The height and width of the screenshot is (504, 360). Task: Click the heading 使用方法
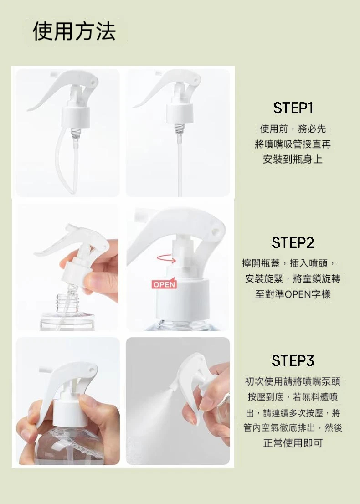coord(74,31)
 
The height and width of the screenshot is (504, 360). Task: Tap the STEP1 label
coord(293,108)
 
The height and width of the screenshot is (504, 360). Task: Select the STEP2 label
coord(293,243)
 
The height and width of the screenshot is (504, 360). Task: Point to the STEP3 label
coord(293,360)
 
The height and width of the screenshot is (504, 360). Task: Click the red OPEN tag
coord(164,284)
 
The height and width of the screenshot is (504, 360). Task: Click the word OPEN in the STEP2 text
coord(296,294)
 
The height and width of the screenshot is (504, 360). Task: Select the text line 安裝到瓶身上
coord(293,159)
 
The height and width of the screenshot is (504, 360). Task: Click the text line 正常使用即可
coord(293,443)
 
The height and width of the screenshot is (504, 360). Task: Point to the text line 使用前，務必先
coord(293,129)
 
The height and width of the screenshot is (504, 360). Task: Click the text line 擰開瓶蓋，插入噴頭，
coord(288,264)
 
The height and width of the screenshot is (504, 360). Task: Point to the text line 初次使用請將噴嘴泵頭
coord(293,381)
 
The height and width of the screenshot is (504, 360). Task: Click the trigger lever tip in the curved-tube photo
coord(28,109)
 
